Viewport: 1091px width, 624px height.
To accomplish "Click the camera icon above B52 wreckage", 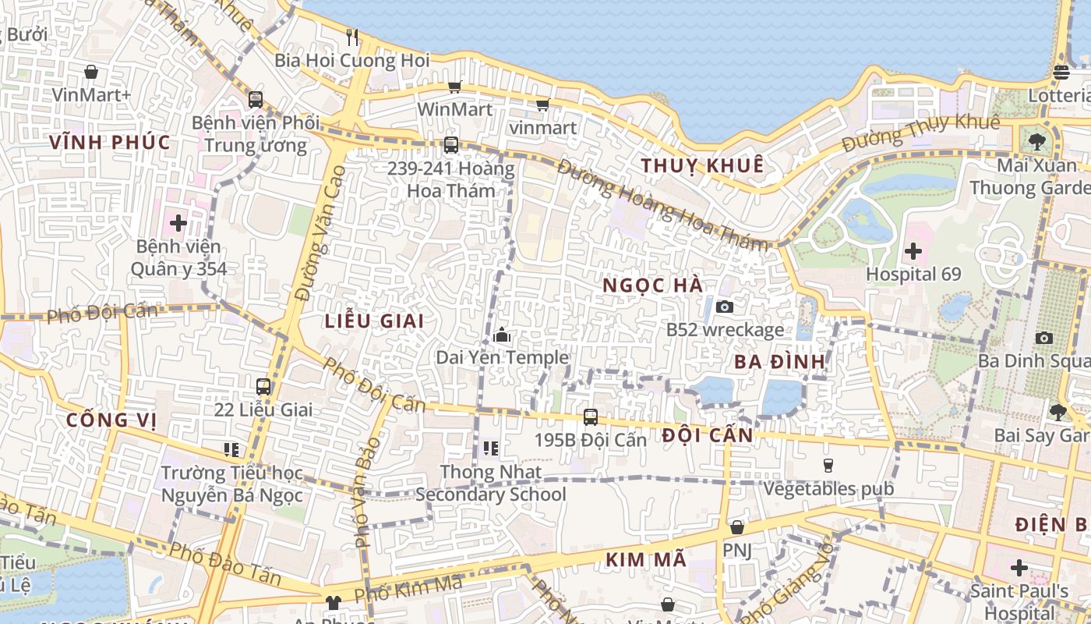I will [725, 307].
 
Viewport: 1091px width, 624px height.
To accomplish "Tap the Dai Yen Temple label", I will [502, 357].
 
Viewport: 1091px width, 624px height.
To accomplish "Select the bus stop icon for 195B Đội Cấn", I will [591, 417].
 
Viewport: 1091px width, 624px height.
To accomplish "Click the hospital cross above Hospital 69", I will [913, 252].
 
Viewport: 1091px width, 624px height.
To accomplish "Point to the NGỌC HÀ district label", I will [653, 285].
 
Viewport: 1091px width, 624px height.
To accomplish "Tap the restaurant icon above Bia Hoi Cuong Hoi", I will [352, 37].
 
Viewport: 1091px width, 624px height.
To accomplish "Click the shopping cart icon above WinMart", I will [454, 87].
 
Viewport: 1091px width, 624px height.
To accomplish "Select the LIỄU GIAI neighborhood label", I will [375, 321].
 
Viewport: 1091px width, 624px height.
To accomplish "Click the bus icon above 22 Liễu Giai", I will [263, 386].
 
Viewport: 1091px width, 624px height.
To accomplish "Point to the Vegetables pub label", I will [828, 489].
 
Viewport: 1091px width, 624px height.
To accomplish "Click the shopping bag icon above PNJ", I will [736, 528].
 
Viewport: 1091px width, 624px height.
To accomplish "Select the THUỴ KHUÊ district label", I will [701, 165].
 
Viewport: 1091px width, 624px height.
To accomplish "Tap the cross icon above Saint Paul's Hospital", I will [1019, 568].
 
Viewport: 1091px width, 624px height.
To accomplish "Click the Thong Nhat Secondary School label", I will [491, 484].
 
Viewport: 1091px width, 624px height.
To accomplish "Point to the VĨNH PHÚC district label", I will [110, 142].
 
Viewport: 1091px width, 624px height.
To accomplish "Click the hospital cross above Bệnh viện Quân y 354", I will [178, 223].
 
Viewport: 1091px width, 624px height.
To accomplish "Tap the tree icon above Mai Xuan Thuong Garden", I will [1036, 141].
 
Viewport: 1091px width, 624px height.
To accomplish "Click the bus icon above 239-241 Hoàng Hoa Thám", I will [450, 144].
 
